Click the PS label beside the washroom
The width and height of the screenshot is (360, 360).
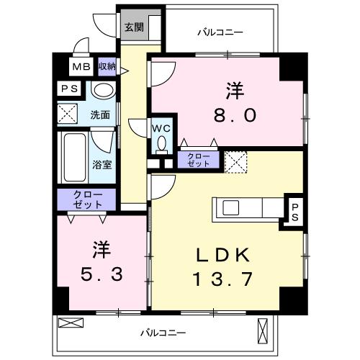(x=69, y=89)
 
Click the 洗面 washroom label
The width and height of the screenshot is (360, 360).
(x=100, y=114)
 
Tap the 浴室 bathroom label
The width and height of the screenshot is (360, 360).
(x=102, y=164)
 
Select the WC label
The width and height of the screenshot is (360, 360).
(x=161, y=128)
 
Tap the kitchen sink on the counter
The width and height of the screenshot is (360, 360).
(x=231, y=208)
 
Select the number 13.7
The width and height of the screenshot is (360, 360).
(x=223, y=279)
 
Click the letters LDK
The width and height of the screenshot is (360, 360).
(x=223, y=255)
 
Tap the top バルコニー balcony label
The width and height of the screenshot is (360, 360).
(x=220, y=32)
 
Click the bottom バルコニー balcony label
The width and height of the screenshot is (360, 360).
(x=162, y=333)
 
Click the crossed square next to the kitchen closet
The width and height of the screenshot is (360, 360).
(x=235, y=161)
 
